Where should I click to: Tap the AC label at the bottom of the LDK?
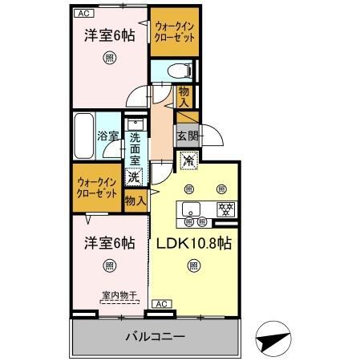coord(161,303)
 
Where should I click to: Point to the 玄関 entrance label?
coord(187,134)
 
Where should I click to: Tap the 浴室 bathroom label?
coord(108,137)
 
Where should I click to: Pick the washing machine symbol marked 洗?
coord(135,176)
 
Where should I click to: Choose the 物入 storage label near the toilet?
coord(184,97)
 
